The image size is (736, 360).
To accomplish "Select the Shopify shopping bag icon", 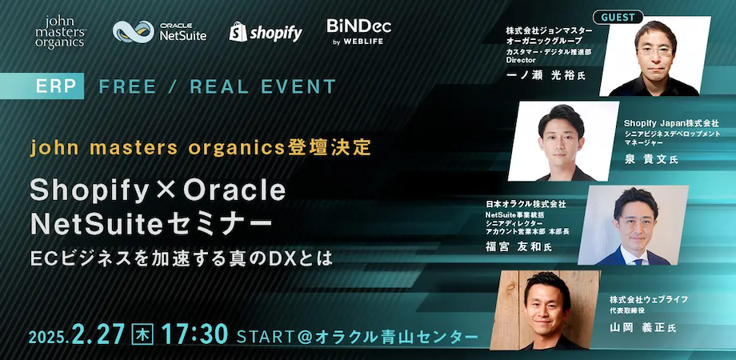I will pos(237,32).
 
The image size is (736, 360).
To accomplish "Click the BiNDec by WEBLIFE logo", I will pos(358,31).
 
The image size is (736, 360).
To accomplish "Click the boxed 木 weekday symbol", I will pos(142,334).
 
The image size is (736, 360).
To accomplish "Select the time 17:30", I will pos(194,334).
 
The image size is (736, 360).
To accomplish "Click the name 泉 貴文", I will pos(649,160).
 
